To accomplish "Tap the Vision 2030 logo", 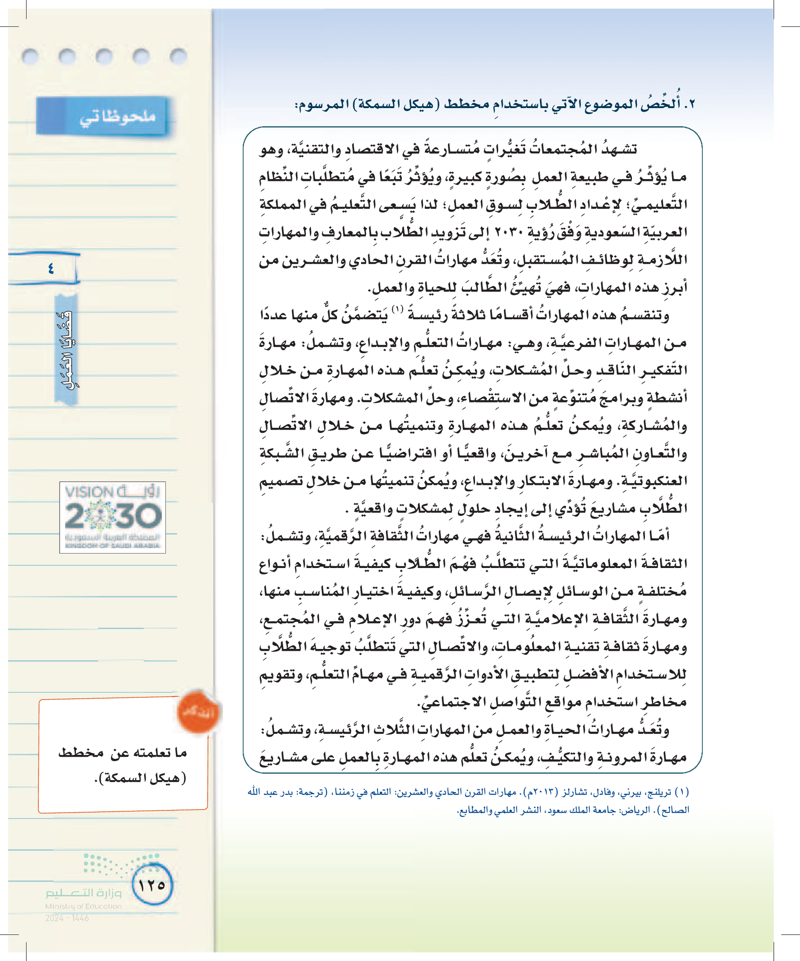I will pos(113,517).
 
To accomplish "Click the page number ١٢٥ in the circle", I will pos(152,885).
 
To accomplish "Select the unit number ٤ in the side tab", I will pos(50,268).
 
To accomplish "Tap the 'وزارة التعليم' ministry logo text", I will pos(83,893).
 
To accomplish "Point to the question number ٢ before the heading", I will pos(691,104).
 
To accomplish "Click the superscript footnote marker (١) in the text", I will pos(397,309).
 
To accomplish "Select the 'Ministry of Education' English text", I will pos(83,906).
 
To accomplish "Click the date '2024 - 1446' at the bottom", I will pos(67,918).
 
